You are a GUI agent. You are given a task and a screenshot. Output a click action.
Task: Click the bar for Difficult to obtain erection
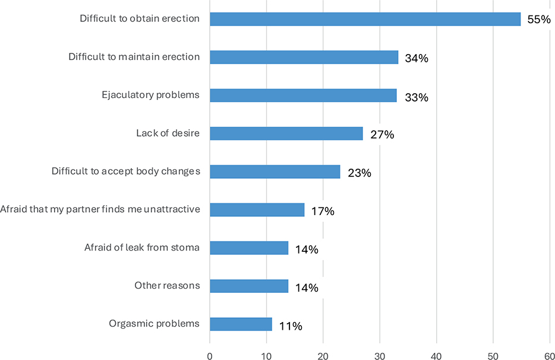365,19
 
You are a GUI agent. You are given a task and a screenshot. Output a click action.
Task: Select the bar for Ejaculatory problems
303,96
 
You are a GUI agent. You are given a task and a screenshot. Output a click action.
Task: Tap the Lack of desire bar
286,134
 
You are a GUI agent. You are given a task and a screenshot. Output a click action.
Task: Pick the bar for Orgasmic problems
241,324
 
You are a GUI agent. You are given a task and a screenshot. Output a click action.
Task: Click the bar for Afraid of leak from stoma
249,248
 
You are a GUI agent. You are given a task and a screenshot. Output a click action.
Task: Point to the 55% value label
539,20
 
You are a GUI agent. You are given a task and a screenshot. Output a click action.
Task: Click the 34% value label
417,58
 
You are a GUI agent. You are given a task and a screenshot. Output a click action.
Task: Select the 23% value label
360,173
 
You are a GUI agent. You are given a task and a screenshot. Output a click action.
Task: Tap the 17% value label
323,211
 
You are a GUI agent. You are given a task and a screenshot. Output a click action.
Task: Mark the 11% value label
291,326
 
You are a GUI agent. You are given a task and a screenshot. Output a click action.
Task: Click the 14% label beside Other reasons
307,288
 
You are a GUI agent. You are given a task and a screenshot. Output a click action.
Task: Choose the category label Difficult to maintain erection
134,56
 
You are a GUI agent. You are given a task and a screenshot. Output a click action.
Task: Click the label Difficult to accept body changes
126,171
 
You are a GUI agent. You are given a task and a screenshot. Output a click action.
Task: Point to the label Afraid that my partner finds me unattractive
100,209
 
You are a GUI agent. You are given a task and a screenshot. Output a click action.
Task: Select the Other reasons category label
167,285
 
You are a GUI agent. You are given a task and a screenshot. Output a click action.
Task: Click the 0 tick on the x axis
210,356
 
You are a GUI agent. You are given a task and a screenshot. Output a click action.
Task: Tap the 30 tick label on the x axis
380,356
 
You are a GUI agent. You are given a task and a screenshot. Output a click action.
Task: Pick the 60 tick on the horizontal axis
550,356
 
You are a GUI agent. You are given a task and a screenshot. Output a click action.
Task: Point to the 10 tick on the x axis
267,356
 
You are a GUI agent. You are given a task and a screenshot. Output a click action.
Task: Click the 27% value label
382,135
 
